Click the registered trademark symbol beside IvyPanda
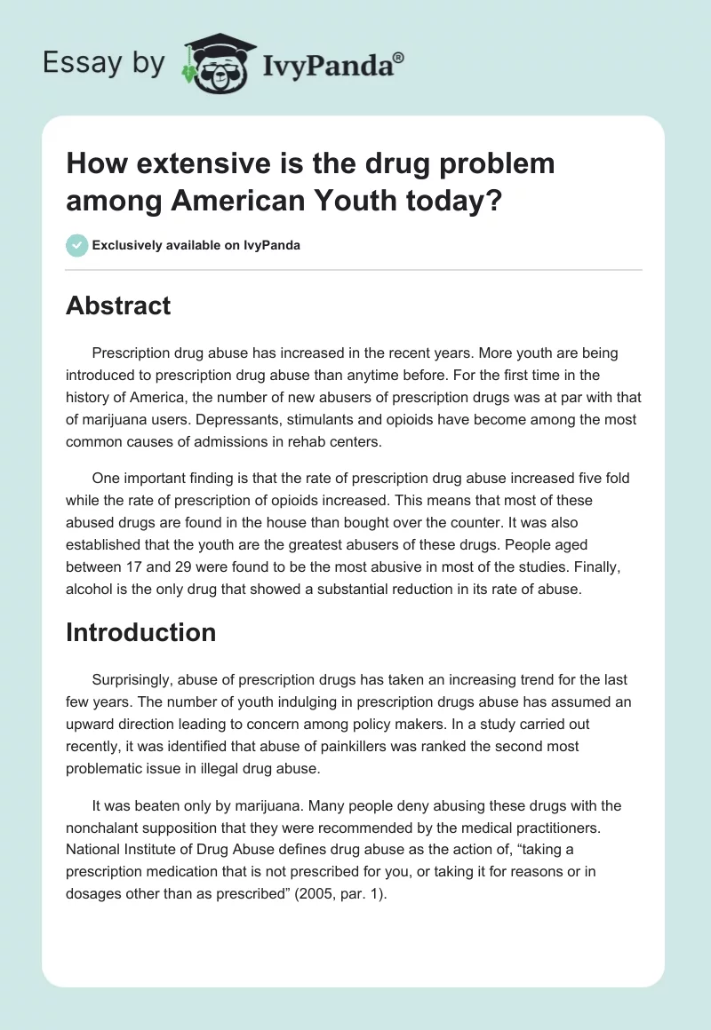[398, 58]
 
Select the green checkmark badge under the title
[77, 245]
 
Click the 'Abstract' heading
[118, 305]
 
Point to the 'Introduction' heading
[140, 632]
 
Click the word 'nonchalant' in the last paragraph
[101, 828]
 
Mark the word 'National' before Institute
[93, 850]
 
